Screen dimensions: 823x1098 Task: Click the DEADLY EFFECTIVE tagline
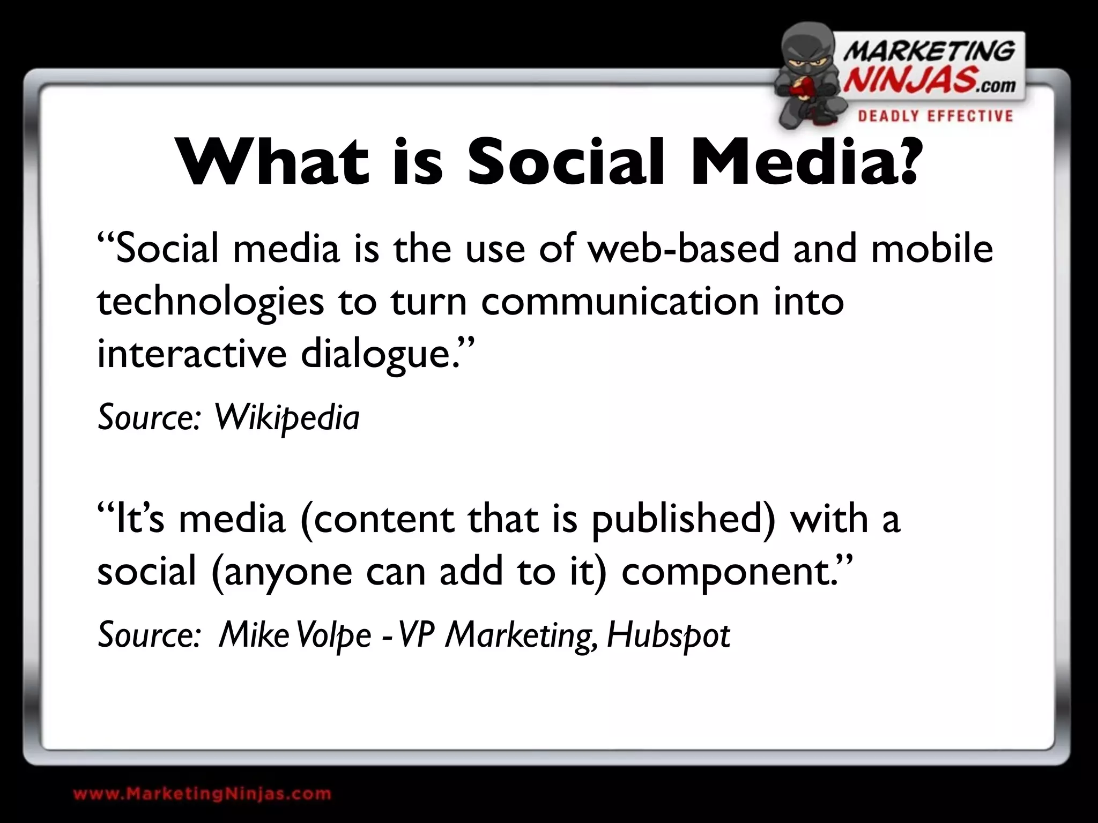pyautogui.click(x=936, y=116)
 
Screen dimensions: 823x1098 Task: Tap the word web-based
pyautogui.click(x=683, y=249)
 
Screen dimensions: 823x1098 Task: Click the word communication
pyautogui.click(x=620, y=301)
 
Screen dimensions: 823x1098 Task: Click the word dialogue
pyautogui.click(x=375, y=355)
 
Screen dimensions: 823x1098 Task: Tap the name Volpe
pyautogui.click(x=333, y=636)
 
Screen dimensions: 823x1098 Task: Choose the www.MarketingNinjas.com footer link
pyautogui.click(x=202, y=794)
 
